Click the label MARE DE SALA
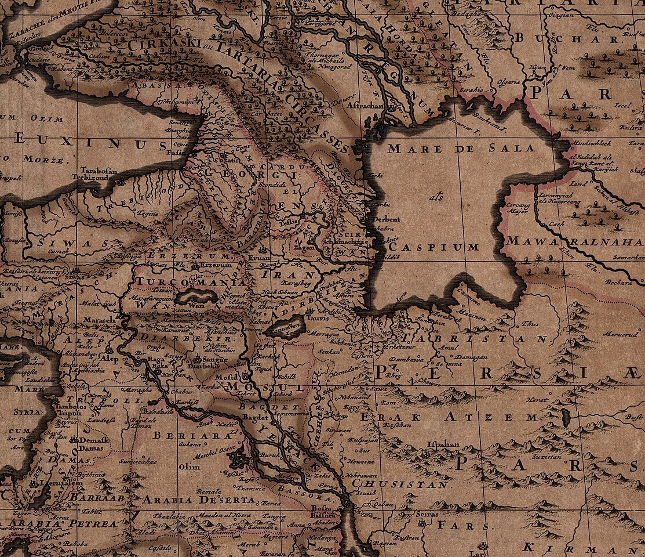(461, 148)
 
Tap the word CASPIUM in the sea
(435, 247)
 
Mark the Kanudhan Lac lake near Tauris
(286, 327)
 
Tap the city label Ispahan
(443, 444)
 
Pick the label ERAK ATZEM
(442, 417)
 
